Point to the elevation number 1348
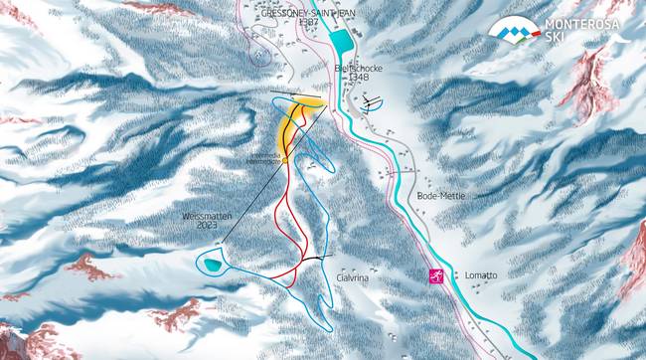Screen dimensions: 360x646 tap(360, 78)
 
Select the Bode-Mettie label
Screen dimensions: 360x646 tap(441, 197)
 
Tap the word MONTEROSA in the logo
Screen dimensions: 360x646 tap(581, 24)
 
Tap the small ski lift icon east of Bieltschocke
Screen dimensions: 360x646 tap(372, 102)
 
